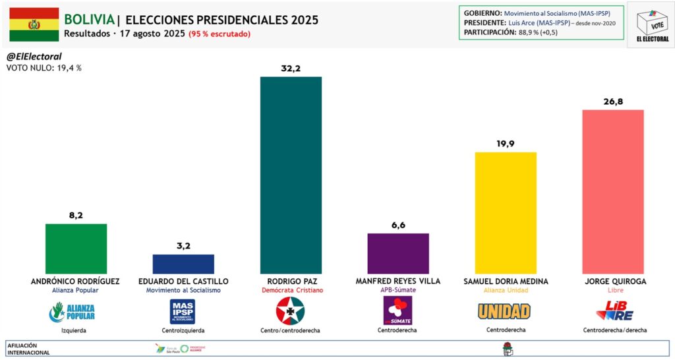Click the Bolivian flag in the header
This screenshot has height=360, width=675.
click(33, 24)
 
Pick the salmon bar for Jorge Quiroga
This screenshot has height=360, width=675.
click(613, 191)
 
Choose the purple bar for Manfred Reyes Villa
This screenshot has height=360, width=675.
click(398, 253)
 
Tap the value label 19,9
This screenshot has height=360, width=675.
click(506, 142)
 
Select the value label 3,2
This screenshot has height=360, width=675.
click(183, 245)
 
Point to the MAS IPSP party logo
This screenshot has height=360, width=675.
click(183, 311)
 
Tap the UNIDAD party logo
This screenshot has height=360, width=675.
click(504, 311)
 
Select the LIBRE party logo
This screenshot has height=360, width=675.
click(614, 311)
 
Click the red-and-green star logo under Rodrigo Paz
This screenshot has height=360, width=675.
click(290, 311)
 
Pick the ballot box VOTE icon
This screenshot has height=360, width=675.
click(651, 24)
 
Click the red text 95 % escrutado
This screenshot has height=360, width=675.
click(220, 34)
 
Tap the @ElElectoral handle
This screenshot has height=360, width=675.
click(34, 57)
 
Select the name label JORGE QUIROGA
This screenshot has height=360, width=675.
click(616, 281)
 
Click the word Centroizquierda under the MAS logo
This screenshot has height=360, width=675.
click(183, 330)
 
